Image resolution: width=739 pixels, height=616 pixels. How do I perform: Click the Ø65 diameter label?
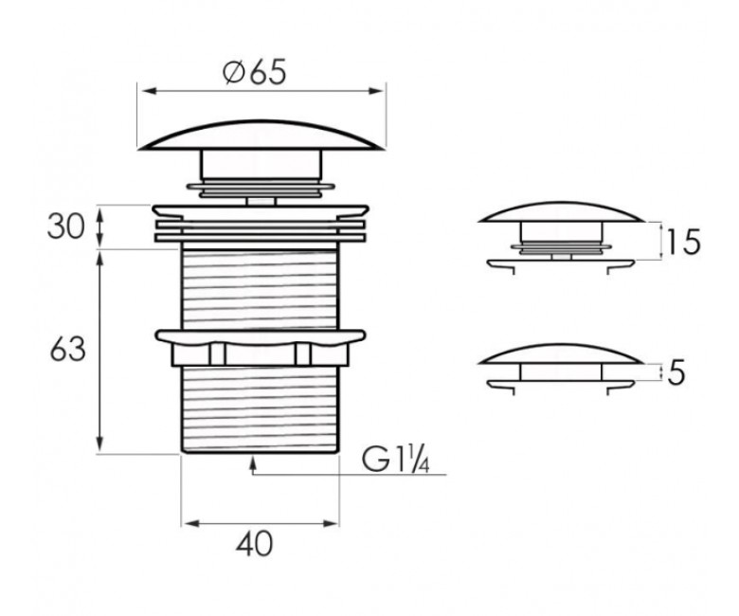[x=255, y=73]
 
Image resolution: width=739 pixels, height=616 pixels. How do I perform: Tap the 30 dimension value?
[x=66, y=226]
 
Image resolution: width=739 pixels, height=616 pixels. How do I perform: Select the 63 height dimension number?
[x=67, y=350]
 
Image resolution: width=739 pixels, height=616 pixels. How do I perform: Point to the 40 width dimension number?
[x=255, y=544]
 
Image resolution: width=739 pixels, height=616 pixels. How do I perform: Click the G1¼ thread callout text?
[x=395, y=460]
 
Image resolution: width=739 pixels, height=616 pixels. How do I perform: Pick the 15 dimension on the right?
[x=683, y=242]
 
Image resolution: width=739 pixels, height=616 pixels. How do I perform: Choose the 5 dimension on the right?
[x=676, y=372]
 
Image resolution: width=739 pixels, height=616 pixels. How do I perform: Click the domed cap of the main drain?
[x=261, y=136]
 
